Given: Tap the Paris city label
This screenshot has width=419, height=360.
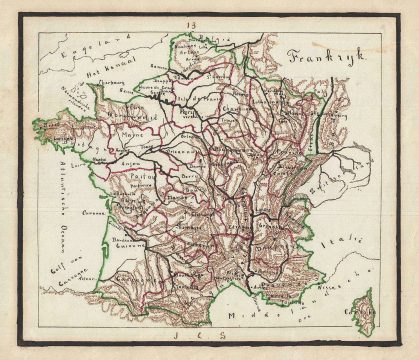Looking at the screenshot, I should tap(188, 113).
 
